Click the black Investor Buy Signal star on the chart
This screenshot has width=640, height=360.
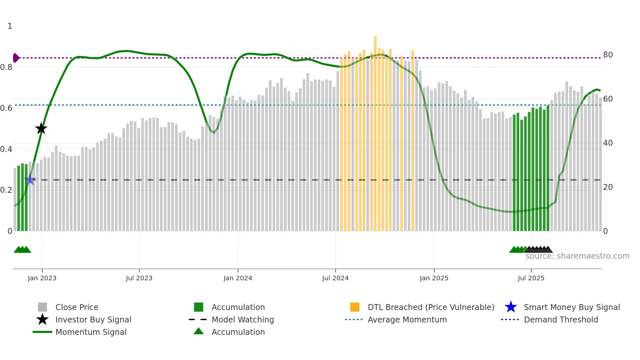tap(41, 128)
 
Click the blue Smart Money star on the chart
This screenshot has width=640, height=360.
tap(30, 179)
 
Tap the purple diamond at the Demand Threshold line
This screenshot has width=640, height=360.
tap(16, 58)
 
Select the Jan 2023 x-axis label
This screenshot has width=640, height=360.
tap(42, 278)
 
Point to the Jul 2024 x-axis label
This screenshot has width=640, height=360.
tap(335, 278)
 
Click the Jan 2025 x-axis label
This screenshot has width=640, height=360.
tap(434, 278)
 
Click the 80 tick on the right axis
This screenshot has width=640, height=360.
tap(608, 55)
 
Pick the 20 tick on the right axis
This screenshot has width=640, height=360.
tap(608, 187)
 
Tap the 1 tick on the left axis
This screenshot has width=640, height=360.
tap(10, 26)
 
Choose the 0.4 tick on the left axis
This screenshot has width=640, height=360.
tap(6, 149)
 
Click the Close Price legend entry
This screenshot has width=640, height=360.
tap(77, 307)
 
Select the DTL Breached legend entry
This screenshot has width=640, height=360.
tap(431, 307)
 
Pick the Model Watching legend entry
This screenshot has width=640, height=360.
tap(243, 319)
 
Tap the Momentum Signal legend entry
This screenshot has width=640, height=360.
tap(91, 332)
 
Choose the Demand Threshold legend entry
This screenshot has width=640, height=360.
tap(561, 319)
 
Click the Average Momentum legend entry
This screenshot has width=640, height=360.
tap(407, 319)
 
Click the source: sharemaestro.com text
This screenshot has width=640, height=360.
tap(577, 256)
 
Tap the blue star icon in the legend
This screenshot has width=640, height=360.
tap(511, 307)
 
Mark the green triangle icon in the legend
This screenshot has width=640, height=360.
tap(199, 331)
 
